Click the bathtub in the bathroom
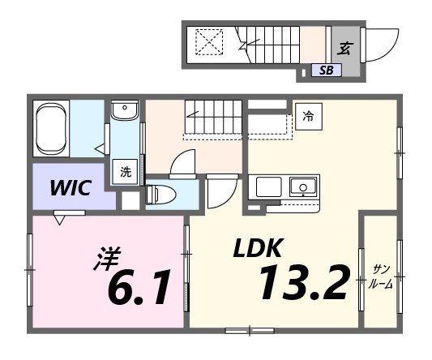pos(50,128)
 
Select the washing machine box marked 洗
pos(126,172)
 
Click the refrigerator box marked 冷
pos(308,117)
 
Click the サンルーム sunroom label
pos(379,276)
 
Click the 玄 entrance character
pos(344,48)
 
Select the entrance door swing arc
pos(383,44)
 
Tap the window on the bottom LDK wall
pos(250,330)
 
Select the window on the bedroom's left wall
pos(30,268)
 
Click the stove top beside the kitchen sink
pos(267,186)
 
